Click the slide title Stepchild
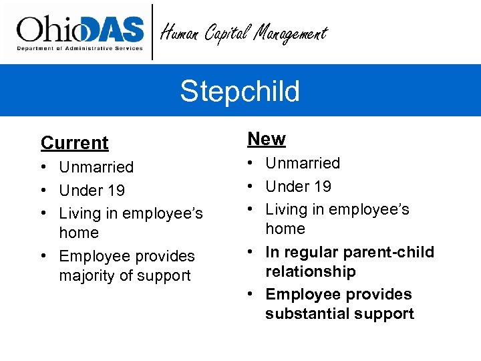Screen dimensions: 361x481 [x=240, y=92]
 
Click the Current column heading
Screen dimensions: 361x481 [x=74, y=143]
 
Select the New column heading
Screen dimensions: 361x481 [x=267, y=139]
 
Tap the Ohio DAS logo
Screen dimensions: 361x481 [x=80, y=31]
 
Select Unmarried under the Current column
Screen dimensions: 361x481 [x=96, y=167]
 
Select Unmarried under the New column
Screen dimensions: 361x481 [x=303, y=163]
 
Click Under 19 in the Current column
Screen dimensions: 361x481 [x=92, y=191]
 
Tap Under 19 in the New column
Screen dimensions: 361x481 [x=298, y=187]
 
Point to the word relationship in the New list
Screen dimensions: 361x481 [x=310, y=271]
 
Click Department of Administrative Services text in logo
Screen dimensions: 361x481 [x=80, y=48]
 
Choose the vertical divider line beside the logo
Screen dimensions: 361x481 [x=153, y=31]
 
